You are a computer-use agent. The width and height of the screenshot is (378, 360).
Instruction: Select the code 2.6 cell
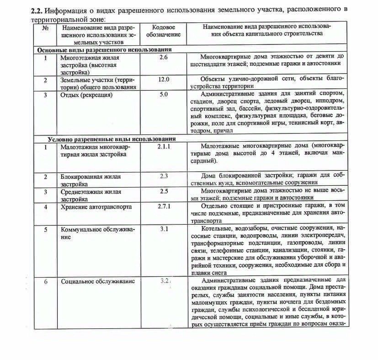pos(163,57)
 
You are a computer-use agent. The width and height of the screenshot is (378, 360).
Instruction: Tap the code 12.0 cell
pos(163,79)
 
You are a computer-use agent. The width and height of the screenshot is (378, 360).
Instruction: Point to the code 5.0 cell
pos(163,95)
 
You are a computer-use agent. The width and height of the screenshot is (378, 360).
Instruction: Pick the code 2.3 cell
pos(164,176)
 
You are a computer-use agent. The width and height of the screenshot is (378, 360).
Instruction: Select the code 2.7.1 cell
pos(163,207)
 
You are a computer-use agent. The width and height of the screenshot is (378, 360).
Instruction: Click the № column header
pos(45,27)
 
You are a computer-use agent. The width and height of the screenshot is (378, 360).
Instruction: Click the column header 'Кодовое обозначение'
pos(163,31)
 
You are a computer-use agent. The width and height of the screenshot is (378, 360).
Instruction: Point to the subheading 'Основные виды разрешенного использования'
pos(104,49)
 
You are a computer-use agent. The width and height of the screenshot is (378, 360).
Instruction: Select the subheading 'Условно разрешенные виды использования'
pos(111,139)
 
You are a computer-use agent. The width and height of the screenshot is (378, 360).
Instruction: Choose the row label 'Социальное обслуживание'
pos(98,281)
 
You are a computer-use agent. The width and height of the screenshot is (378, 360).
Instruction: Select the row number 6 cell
pos(45,281)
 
